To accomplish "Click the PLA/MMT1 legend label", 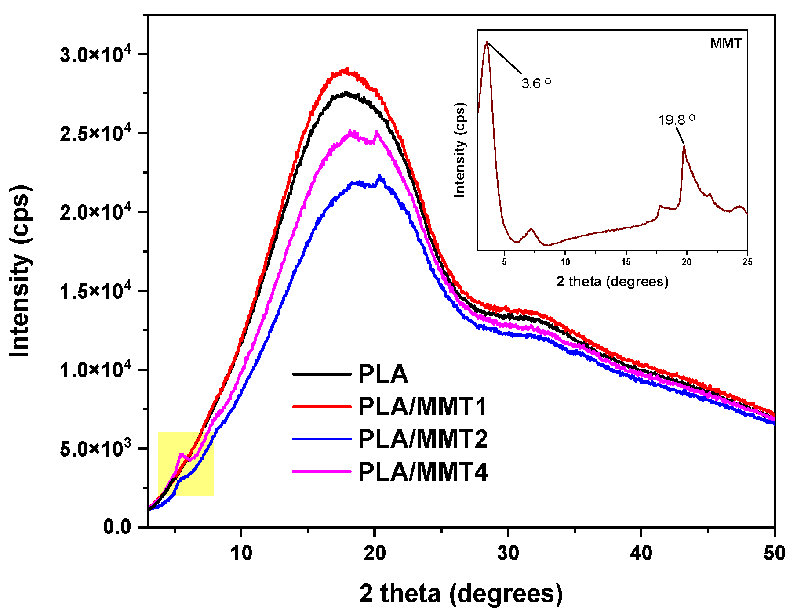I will [x=422, y=406].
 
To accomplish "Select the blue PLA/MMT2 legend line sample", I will [x=322, y=439].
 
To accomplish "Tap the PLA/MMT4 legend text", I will [x=422, y=472].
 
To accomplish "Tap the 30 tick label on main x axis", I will [x=508, y=553].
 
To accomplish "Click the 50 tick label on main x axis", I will [x=774, y=553].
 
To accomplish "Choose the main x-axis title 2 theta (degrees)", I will [x=461, y=593].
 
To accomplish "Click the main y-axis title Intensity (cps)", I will [x=20, y=271].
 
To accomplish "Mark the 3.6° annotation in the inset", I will [x=535, y=83].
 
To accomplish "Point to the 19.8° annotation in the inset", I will [x=676, y=120].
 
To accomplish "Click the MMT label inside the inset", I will [x=726, y=43].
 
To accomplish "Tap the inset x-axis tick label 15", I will [x=626, y=262].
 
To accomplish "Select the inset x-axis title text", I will [x=612, y=281].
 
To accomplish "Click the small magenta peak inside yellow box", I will [x=181, y=454].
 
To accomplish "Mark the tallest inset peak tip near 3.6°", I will [x=487, y=43].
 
